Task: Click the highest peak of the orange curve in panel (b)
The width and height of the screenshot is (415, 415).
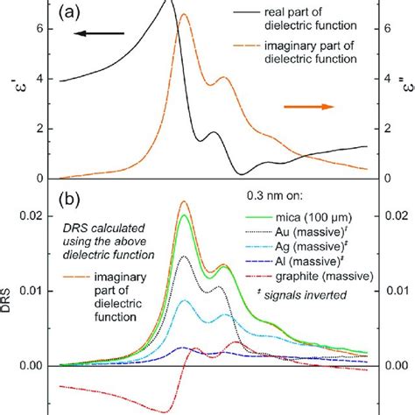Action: pyautogui.click(x=184, y=201)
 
